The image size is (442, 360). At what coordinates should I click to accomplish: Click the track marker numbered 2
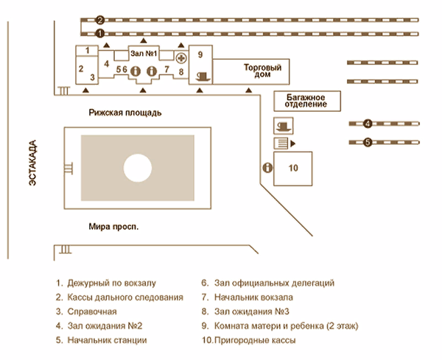[100, 20]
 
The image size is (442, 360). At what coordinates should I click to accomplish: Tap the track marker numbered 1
[100, 34]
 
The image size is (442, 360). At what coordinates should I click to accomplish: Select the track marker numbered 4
[368, 124]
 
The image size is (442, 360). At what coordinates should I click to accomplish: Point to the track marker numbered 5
[368, 142]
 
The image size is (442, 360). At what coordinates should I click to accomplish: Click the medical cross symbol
[181, 58]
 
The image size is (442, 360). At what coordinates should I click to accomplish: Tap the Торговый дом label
[262, 71]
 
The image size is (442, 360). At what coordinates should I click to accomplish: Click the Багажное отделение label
[306, 101]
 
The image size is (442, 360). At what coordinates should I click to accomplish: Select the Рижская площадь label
[125, 113]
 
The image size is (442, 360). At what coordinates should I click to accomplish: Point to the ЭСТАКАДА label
[32, 163]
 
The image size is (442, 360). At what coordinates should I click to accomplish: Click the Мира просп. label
[113, 227]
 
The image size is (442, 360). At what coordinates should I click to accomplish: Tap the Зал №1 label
[144, 53]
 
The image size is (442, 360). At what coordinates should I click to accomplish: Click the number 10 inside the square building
[293, 168]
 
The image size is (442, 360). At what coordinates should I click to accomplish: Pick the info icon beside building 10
[267, 168]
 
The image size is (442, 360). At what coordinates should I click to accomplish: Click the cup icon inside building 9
[203, 77]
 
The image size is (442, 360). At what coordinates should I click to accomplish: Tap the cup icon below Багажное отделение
[284, 126]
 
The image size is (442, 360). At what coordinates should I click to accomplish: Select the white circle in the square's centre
[138, 168]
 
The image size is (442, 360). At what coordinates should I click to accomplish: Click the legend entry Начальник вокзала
[253, 297]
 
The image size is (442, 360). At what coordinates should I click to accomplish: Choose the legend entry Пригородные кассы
[255, 340]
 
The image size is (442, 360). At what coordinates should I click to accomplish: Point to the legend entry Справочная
[92, 311]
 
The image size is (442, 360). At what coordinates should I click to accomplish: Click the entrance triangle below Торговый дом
[249, 90]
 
